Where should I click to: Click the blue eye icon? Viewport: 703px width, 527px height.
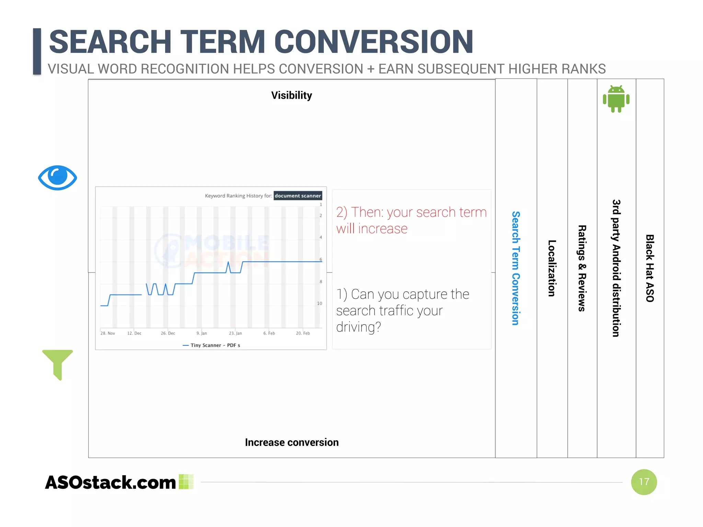coord(57,177)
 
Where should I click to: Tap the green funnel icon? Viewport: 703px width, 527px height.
coord(57,363)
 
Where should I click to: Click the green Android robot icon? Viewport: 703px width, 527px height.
coord(616,99)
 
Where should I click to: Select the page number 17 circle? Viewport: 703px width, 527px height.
coord(644,482)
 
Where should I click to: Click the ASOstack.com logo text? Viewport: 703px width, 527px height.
coord(111,482)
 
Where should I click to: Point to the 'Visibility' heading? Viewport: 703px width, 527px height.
coord(291,95)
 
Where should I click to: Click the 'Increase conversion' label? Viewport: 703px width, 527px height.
coord(291,442)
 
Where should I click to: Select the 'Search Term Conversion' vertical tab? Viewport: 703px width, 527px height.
coord(516,268)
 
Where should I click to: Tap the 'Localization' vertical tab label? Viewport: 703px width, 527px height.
coord(552,268)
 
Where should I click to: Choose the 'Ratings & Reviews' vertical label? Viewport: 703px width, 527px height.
coord(582,268)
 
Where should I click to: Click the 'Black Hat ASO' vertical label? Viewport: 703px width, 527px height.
coord(650,268)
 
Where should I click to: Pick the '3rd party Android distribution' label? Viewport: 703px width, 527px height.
coord(616,268)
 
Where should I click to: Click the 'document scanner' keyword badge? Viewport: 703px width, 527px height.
coord(298,196)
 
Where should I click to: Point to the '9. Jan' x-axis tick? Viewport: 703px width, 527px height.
coord(201,333)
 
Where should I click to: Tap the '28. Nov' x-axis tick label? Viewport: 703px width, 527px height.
coord(107,333)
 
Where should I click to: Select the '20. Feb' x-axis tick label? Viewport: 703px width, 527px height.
coord(303,333)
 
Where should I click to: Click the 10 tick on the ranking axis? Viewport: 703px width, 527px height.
coord(320,303)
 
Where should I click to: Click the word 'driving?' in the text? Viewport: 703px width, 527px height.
coord(358,327)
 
